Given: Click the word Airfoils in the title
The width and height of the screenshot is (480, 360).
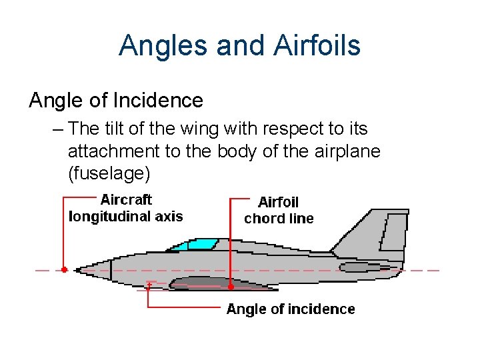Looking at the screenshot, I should pos(317,45).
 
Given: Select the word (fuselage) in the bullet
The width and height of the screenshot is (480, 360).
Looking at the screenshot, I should pos(109,174).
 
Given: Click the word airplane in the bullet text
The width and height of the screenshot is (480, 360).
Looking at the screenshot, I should pos(341,151).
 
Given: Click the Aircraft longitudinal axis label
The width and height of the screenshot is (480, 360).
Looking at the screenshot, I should pos(126,208).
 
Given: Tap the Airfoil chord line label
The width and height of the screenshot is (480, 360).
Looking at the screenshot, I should pos(279,210).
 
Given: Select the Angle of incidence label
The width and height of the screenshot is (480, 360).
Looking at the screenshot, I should pos(291,309).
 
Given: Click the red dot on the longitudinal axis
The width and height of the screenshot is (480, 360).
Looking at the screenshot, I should pos(64,270).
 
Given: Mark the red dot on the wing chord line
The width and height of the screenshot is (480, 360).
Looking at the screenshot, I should pos(231,287).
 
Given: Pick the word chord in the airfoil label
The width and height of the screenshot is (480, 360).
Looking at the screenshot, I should pos(263,219).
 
